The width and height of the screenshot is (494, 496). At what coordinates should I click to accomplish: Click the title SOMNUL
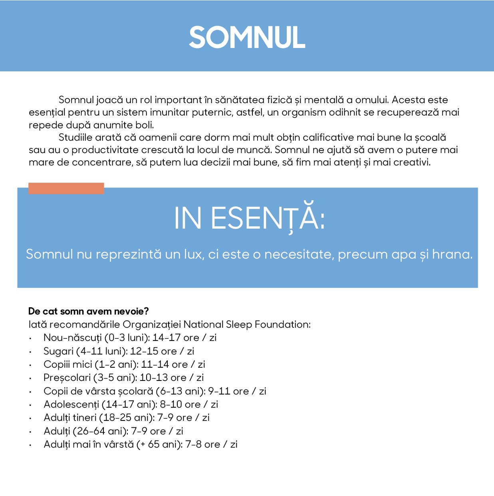click(x=247, y=38)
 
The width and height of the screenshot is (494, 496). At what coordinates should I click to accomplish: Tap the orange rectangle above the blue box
click(x=66, y=188)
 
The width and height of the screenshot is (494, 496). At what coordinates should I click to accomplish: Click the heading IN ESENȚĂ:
click(x=249, y=218)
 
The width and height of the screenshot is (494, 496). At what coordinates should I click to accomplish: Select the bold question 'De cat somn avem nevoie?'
click(x=88, y=311)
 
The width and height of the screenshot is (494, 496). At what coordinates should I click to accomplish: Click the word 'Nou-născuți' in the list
click(x=73, y=338)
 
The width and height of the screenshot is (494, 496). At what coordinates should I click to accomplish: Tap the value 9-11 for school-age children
click(x=219, y=391)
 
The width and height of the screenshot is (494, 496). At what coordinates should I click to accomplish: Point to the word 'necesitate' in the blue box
click(x=299, y=254)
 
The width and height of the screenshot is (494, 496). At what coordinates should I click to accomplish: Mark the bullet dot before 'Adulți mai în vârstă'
click(x=30, y=445)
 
